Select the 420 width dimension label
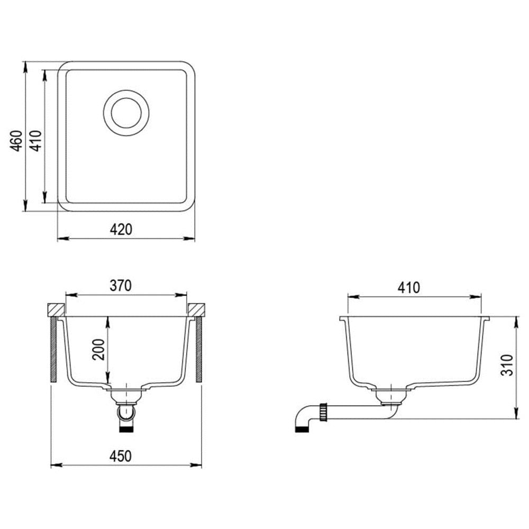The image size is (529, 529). pos(121,230)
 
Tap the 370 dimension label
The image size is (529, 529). pos(121,286)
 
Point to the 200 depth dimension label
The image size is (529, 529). pos(98,349)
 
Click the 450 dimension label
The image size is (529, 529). pos(121,456)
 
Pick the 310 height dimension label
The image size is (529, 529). pos(507,365)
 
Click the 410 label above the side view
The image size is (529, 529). pos(408,287)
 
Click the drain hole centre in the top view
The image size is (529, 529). pos(126,113)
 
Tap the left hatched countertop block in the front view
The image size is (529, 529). pos(56,309)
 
